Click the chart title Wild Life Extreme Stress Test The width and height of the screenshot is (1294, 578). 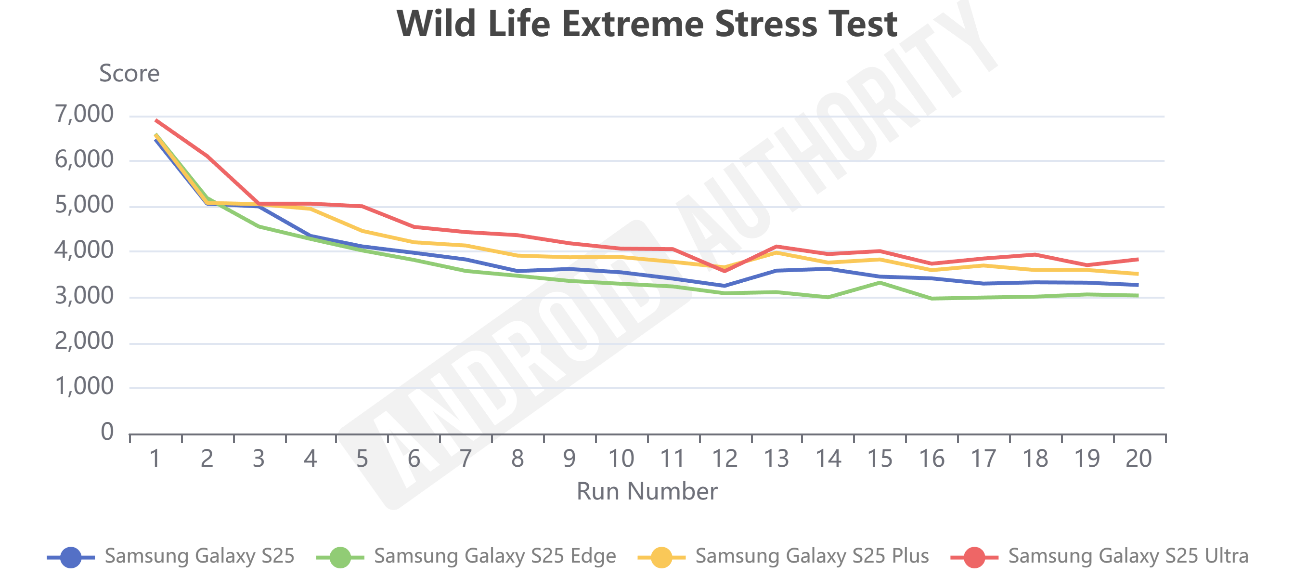point(647,24)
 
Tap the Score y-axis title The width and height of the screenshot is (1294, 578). point(129,73)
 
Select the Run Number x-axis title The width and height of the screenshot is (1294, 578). point(647,491)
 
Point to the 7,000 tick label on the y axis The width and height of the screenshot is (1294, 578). point(84,114)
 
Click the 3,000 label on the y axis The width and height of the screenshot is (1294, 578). point(84,296)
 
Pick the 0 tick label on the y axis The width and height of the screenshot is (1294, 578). point(107,432)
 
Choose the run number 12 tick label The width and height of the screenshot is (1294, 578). point(725,459)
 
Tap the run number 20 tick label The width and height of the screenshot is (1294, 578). point(1139,459)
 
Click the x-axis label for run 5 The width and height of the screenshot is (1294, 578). point(362,459)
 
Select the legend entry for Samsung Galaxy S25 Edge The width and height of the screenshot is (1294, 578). point(494,556)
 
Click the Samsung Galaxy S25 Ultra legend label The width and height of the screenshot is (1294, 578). point(1128,556)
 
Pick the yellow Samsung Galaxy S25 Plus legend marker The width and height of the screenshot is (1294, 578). point(661,557)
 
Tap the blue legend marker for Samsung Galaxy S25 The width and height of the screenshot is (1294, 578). point(71,557)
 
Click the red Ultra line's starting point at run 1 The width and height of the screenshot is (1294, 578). point(156,120)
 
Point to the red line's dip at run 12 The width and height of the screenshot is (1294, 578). point(725,271)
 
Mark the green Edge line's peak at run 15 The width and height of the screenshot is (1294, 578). point(880,282)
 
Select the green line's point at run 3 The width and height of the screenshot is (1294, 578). point(259,227)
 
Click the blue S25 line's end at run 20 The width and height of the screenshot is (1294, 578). point(1137,285)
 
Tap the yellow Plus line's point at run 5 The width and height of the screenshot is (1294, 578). point(362,231)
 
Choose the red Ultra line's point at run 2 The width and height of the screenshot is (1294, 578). point(207,157)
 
